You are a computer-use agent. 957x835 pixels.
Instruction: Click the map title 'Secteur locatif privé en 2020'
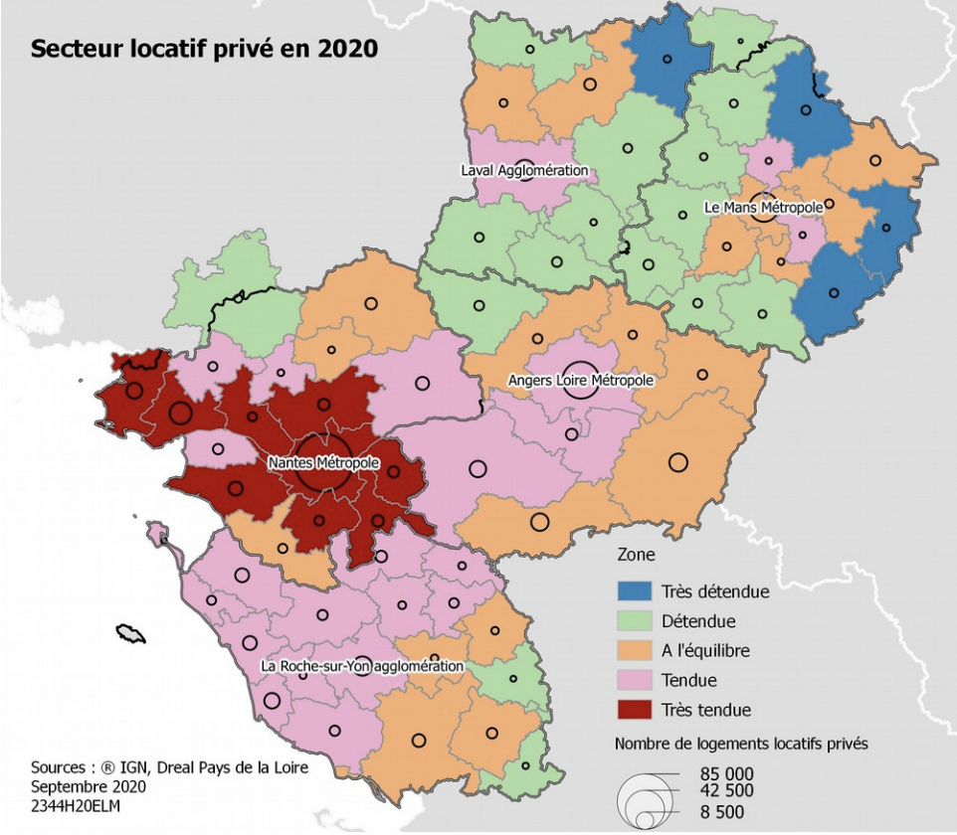pos(204,49)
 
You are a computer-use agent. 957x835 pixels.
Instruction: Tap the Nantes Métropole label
pos(323,463)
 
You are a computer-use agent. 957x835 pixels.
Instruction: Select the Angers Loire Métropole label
pos(580,380)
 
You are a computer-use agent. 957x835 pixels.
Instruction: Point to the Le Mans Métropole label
pos(763,207)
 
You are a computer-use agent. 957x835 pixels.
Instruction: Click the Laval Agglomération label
pos(524,170)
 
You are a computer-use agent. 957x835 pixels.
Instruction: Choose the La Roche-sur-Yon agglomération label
pos(362,665)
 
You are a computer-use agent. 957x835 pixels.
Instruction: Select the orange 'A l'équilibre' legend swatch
pos(635,651)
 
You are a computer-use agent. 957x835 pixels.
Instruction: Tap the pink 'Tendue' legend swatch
pos(635,681)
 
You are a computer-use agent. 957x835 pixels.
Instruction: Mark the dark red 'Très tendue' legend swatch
pos(635,710)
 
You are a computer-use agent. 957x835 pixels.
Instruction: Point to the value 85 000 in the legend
pos(726,773)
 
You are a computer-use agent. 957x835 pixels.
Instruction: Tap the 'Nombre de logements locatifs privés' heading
pos(740,744)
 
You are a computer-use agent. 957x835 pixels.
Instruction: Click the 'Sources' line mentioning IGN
pos(169,767)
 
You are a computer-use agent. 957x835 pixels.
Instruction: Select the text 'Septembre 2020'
pos(88,786)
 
